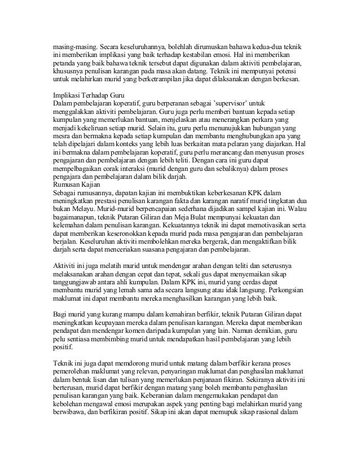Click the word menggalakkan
coord(73,113)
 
